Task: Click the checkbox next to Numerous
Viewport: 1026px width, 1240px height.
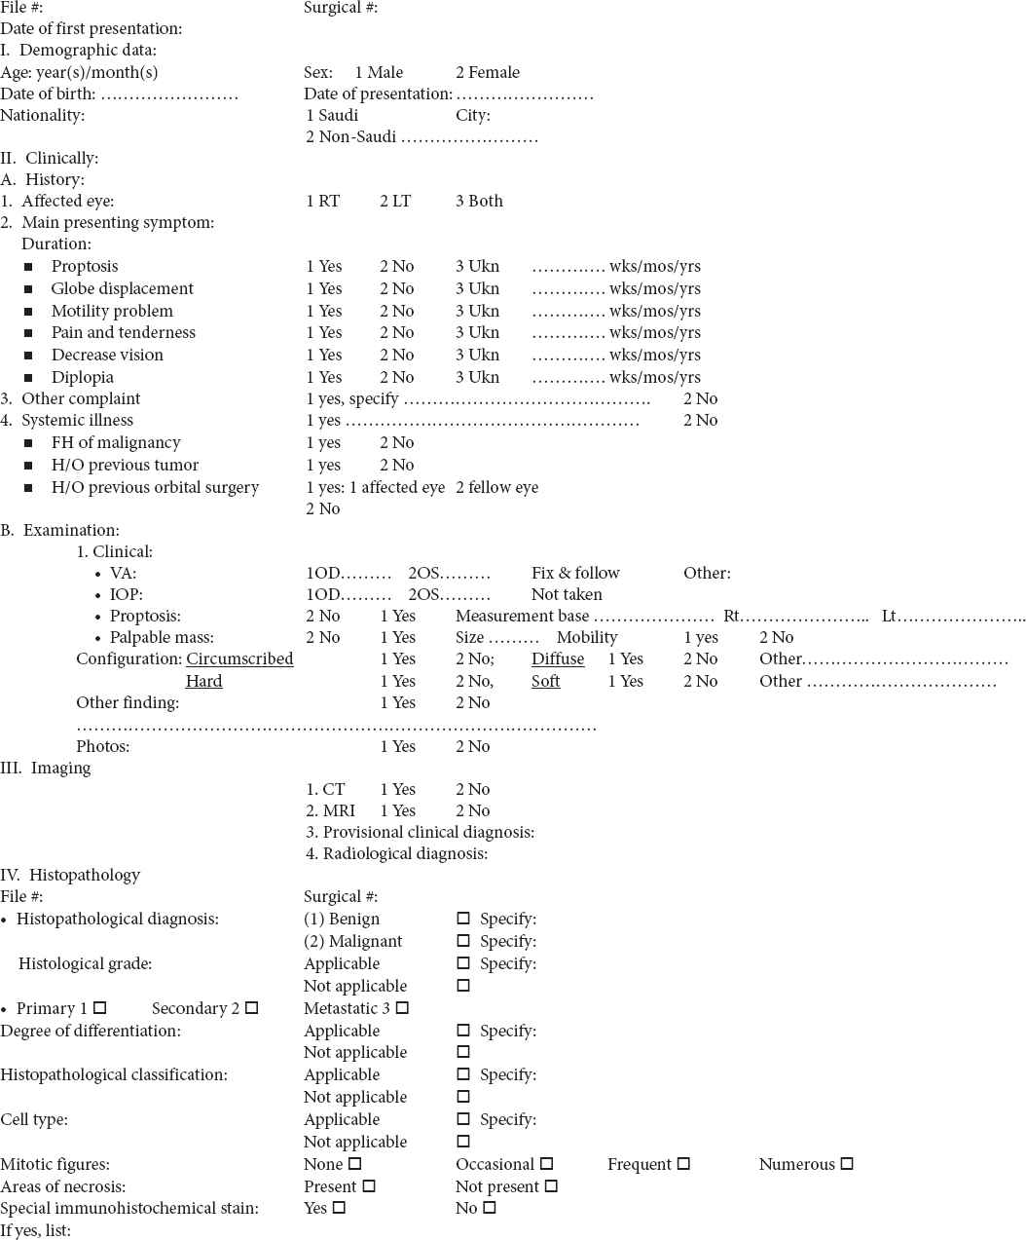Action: pyautogui.click(x=847, y=1164)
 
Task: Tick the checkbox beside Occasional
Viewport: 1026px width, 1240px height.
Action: pyautogui.click(x=547, y=1164)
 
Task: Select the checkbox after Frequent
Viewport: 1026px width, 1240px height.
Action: pyautogui.click(x=684, y=1164)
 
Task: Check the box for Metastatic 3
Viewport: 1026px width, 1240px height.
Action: pyautogui.click(x=403, y=1008)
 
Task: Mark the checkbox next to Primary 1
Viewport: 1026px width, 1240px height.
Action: pyautogui.click(x=100, y=1008)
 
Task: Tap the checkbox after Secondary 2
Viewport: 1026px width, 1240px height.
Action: pyautogui.click(x=252, y=1008)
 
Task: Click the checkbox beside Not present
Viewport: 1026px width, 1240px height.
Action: pyautogui.click(x=552, y=1186)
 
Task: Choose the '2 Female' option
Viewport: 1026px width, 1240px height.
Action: pyautogui.click(x=488, y=72)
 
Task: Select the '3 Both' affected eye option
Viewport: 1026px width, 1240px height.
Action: pyautogui.click(x=479, y=201)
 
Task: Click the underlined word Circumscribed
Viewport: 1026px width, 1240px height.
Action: pyautogui.click(x=239, y=658)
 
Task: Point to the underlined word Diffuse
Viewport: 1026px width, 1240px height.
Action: pyautogui.click(x=558, y=658)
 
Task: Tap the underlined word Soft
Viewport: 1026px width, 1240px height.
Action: pyautogui.click(x=545, y=681)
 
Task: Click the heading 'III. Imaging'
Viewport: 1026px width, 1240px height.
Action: pyautogui.click(x=46, y=768)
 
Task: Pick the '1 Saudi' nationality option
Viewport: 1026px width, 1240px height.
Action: pyautogui.click(x=332, y=115)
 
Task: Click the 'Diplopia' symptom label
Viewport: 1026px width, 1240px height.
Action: pyautogui.click(x=83, y=377)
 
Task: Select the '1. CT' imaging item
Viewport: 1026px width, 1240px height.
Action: pyautogui.click(x=325, y=789)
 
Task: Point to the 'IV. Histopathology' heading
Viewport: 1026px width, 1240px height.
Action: pyautogui.click(x=70, y=875)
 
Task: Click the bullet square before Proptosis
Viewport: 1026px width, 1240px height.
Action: pyautogui.click(x=29, y=267)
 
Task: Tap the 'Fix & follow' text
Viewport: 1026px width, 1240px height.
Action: pyautogui.click(x=575, y=573)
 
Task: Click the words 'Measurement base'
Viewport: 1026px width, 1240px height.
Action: pyautogui.click(x=522, y=616)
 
